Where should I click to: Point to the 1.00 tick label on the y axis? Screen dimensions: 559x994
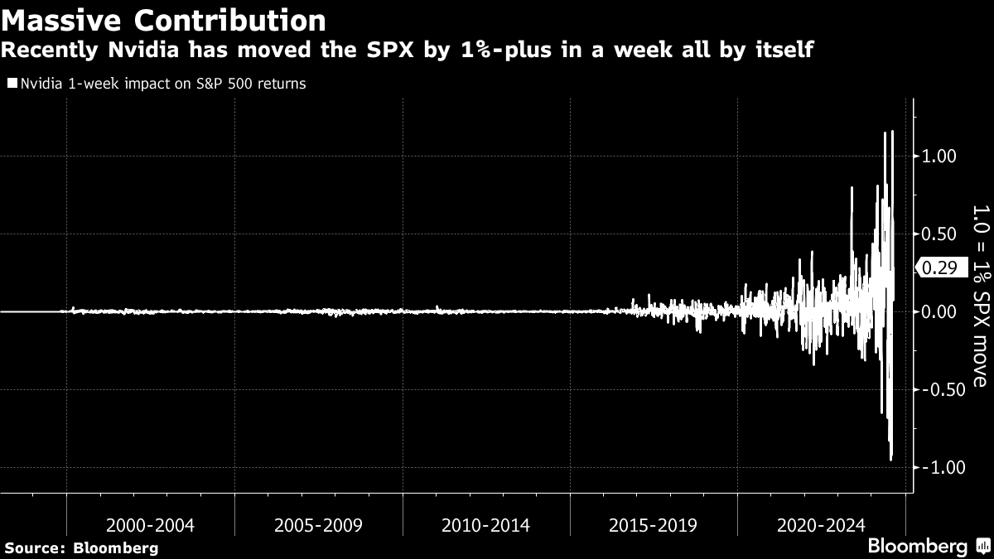point(939,156)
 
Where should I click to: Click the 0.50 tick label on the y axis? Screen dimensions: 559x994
point(939,234)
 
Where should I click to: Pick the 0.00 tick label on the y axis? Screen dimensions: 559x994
point(939,311)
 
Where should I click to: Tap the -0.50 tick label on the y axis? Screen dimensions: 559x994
point(937,390)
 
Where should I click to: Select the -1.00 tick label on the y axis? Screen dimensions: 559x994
point(937,468)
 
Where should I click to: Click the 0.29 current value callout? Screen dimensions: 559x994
point(939,267)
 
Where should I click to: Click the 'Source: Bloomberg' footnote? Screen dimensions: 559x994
point(81,547)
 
